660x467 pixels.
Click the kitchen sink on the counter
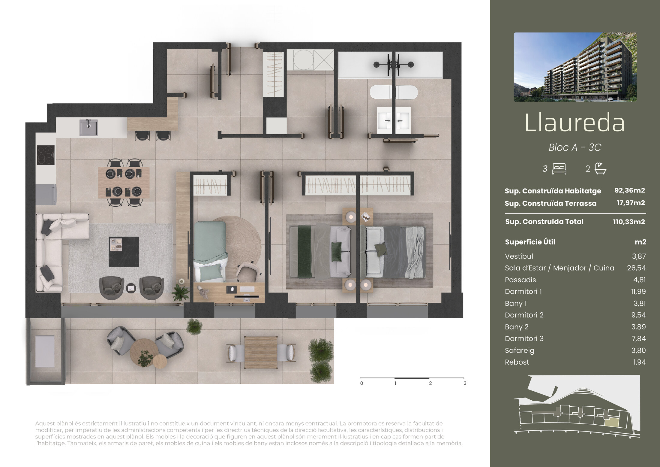pyautogui.click(x=88, y=128)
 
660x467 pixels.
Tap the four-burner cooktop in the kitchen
pyautogui.click(x=46, y=155)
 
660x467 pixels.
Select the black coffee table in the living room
pyautogui.click(x=124, y=252)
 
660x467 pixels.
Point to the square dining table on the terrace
pyautogui.click(x=261, y=352)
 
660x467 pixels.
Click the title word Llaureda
pyautogui.click(x=574, y=123)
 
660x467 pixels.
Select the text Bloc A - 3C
pyautogui.click(x=575, y=147)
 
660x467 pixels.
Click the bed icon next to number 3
pyautogui.click(x=559, y=169)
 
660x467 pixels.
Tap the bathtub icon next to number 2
pyautogui.click(x=600, y=168)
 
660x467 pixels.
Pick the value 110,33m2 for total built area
pyautogui.click(x=629, y=222)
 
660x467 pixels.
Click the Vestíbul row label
pyautogui.click(x=519, y=256)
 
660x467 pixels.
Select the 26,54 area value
pyautogui.click(x=636, y=268)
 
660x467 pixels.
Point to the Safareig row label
pyautogui.click(x=520, y=351)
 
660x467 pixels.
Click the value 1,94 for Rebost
pyautogui.click(x=639, y=362)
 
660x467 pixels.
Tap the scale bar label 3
pyautogui.click(x=465, y=383)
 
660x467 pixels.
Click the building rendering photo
pyautogui.click(x=575, y=67)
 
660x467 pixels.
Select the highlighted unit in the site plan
pyautogui.click(x=611, y=423)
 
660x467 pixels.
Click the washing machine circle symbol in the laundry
pyautogui.click(x=303, y=60)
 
